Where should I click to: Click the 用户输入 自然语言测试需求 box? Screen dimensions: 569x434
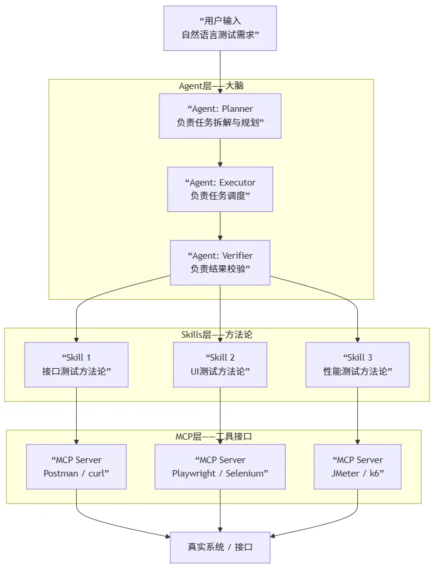click(x=220, y=28)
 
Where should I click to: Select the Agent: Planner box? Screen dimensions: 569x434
click(x=220, y=115)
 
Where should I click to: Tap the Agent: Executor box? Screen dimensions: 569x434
click(x=220, y=189)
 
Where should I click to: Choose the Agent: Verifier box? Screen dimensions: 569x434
click(x=220, y=262)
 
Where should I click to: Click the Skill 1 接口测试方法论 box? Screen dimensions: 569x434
click(x=76, y=364)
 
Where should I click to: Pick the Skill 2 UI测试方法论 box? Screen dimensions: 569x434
click(x=220, y=364)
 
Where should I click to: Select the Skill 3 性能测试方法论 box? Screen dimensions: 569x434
click(x=357, y=364)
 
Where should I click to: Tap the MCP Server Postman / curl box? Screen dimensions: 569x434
click(x=76, y=466)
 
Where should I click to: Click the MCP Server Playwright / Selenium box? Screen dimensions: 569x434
click(x=220, y=466)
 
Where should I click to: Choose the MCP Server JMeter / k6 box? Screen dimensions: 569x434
click(x=357, y=466)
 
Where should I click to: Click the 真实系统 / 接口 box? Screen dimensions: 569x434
click(x=220, y=547)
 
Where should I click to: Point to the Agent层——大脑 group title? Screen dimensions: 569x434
click(x=211, y=86)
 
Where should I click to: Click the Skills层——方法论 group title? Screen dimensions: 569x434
click(x=216, y=334)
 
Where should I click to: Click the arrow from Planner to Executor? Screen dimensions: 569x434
click(x=220, y=153)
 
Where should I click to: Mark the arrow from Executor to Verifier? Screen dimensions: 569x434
click(x=220, y=226)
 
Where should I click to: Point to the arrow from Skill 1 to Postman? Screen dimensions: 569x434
click(x=76, y=416)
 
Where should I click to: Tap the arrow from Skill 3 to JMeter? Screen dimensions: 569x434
click(x=357, y=416)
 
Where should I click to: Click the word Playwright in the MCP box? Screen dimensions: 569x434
click(x=194, y=473)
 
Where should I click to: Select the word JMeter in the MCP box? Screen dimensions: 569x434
click(x=345, y=473)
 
